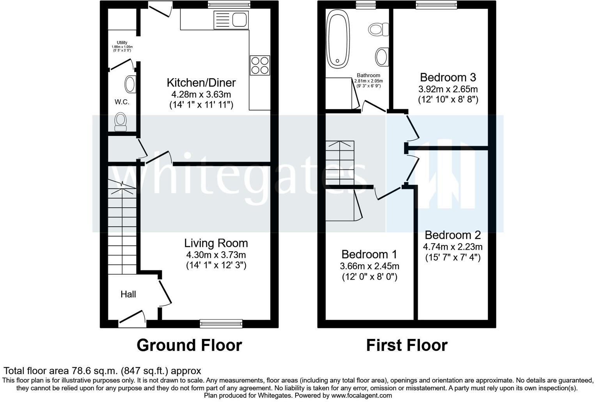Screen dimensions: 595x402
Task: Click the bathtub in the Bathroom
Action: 338,39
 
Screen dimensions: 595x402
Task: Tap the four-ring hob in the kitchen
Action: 260,65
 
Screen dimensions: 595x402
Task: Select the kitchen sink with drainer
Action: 231,20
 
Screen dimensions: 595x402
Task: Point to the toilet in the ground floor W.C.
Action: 120,122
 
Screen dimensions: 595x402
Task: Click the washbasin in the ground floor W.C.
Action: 130,84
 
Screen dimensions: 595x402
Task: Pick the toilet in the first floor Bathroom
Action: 379,29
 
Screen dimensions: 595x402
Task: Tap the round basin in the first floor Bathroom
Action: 382,57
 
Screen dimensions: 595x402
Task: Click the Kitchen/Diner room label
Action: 201,83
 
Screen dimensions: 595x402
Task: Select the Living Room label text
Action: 216,243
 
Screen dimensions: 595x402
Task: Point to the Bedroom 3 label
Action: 448,77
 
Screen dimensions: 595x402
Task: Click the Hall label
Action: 128,294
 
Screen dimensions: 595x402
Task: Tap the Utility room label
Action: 122,42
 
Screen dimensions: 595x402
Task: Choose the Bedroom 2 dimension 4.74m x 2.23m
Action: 453,247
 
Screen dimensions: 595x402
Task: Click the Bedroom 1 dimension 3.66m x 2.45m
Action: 370,266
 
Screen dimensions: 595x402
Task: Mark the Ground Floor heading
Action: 189,345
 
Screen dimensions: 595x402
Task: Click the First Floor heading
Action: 407,345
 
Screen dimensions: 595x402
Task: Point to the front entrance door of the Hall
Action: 132,319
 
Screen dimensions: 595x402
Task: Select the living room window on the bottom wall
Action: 221,323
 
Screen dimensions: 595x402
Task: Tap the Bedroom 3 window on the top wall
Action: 436,5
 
